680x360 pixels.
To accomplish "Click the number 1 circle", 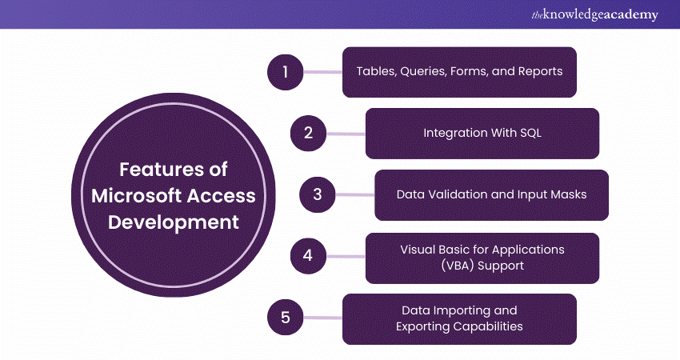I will [x=286, y=71].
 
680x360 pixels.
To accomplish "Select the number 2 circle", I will [x=308, y=133].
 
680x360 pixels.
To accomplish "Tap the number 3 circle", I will [x=318, y=195].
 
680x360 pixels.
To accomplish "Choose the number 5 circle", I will [x=286, y=318].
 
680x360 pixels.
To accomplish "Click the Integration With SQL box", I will [x=482, y=133].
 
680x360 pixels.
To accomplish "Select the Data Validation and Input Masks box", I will [x=491, y=195].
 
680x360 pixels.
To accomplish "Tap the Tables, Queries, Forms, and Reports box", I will [x=459, y=71].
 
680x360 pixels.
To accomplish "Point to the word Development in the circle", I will [x=174, y=222].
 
